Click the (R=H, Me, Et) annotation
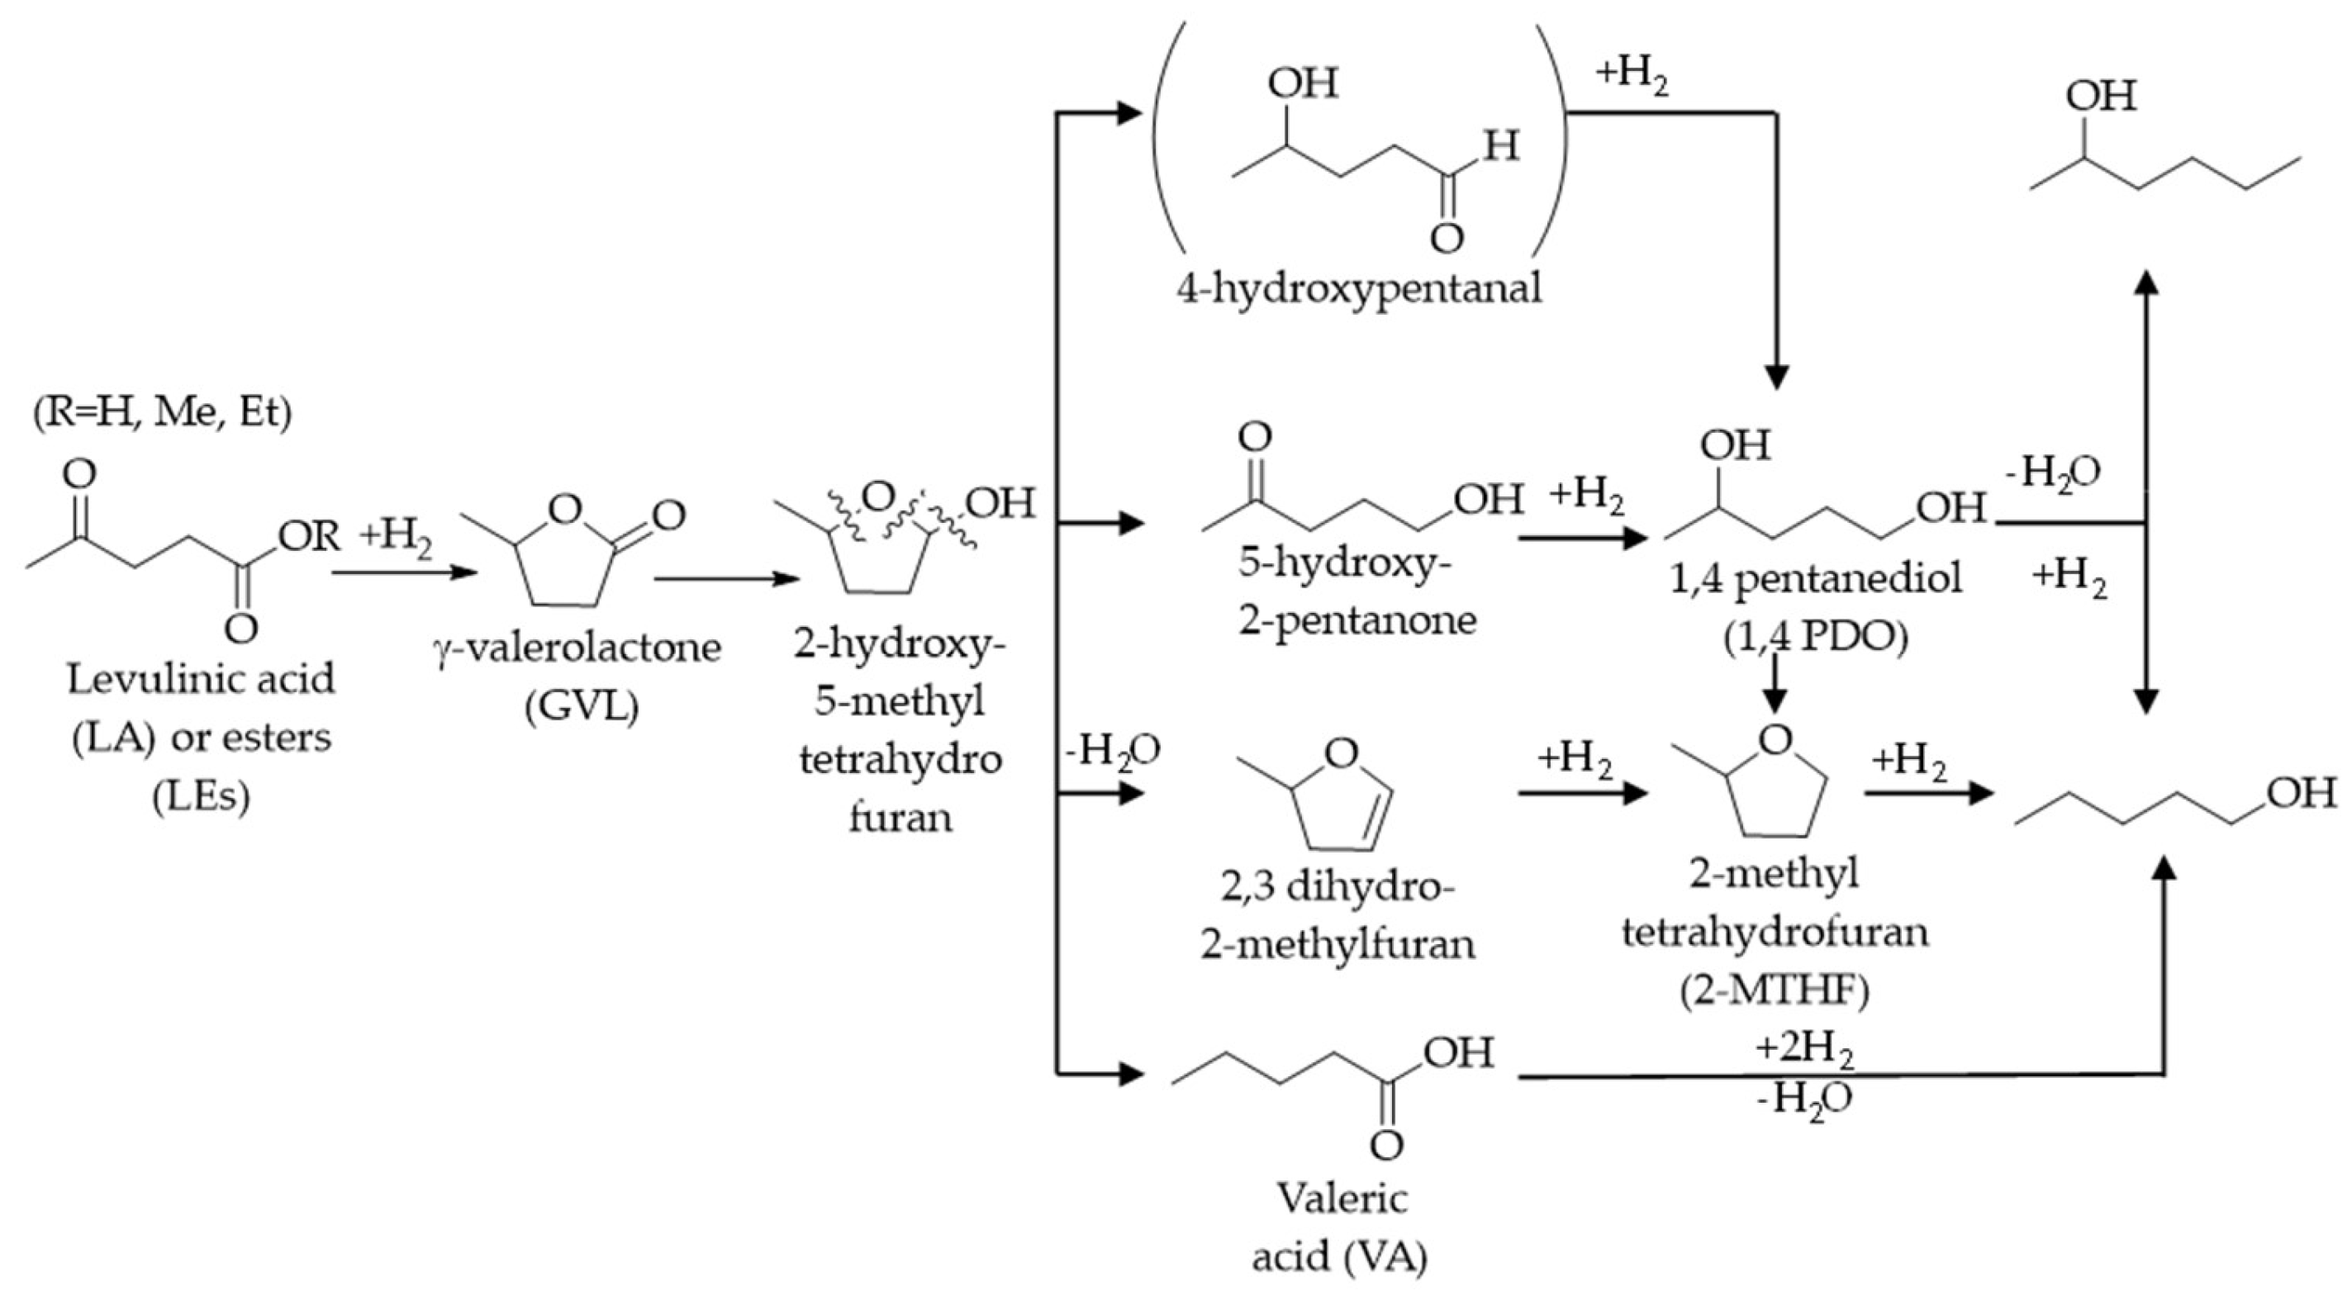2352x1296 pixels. point(163,412)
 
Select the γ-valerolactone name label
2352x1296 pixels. point(577,648)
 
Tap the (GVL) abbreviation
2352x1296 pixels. point(582,706)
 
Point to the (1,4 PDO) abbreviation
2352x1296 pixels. point(1815,638)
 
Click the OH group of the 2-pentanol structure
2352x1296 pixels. point(2101,95)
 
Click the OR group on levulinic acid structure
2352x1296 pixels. point(309,536)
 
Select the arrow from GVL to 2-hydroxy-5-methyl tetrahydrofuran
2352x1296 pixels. point(726,579)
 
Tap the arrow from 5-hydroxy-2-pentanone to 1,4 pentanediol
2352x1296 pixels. point(1585,539)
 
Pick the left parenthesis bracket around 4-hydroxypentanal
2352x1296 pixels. point(1170,137)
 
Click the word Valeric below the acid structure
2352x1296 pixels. point(1342,1199)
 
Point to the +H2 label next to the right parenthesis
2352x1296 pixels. point(1632,76)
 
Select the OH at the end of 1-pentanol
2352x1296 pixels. point(2301,793)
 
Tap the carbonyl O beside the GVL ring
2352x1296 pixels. point(668,515)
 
